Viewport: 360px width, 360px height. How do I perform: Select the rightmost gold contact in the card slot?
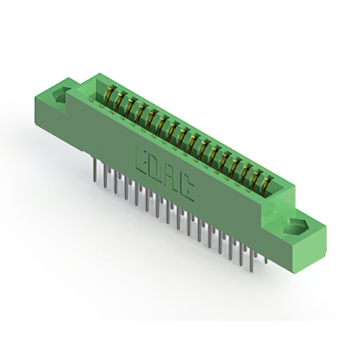[266, 186]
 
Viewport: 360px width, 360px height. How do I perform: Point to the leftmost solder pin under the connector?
[95, 170]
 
